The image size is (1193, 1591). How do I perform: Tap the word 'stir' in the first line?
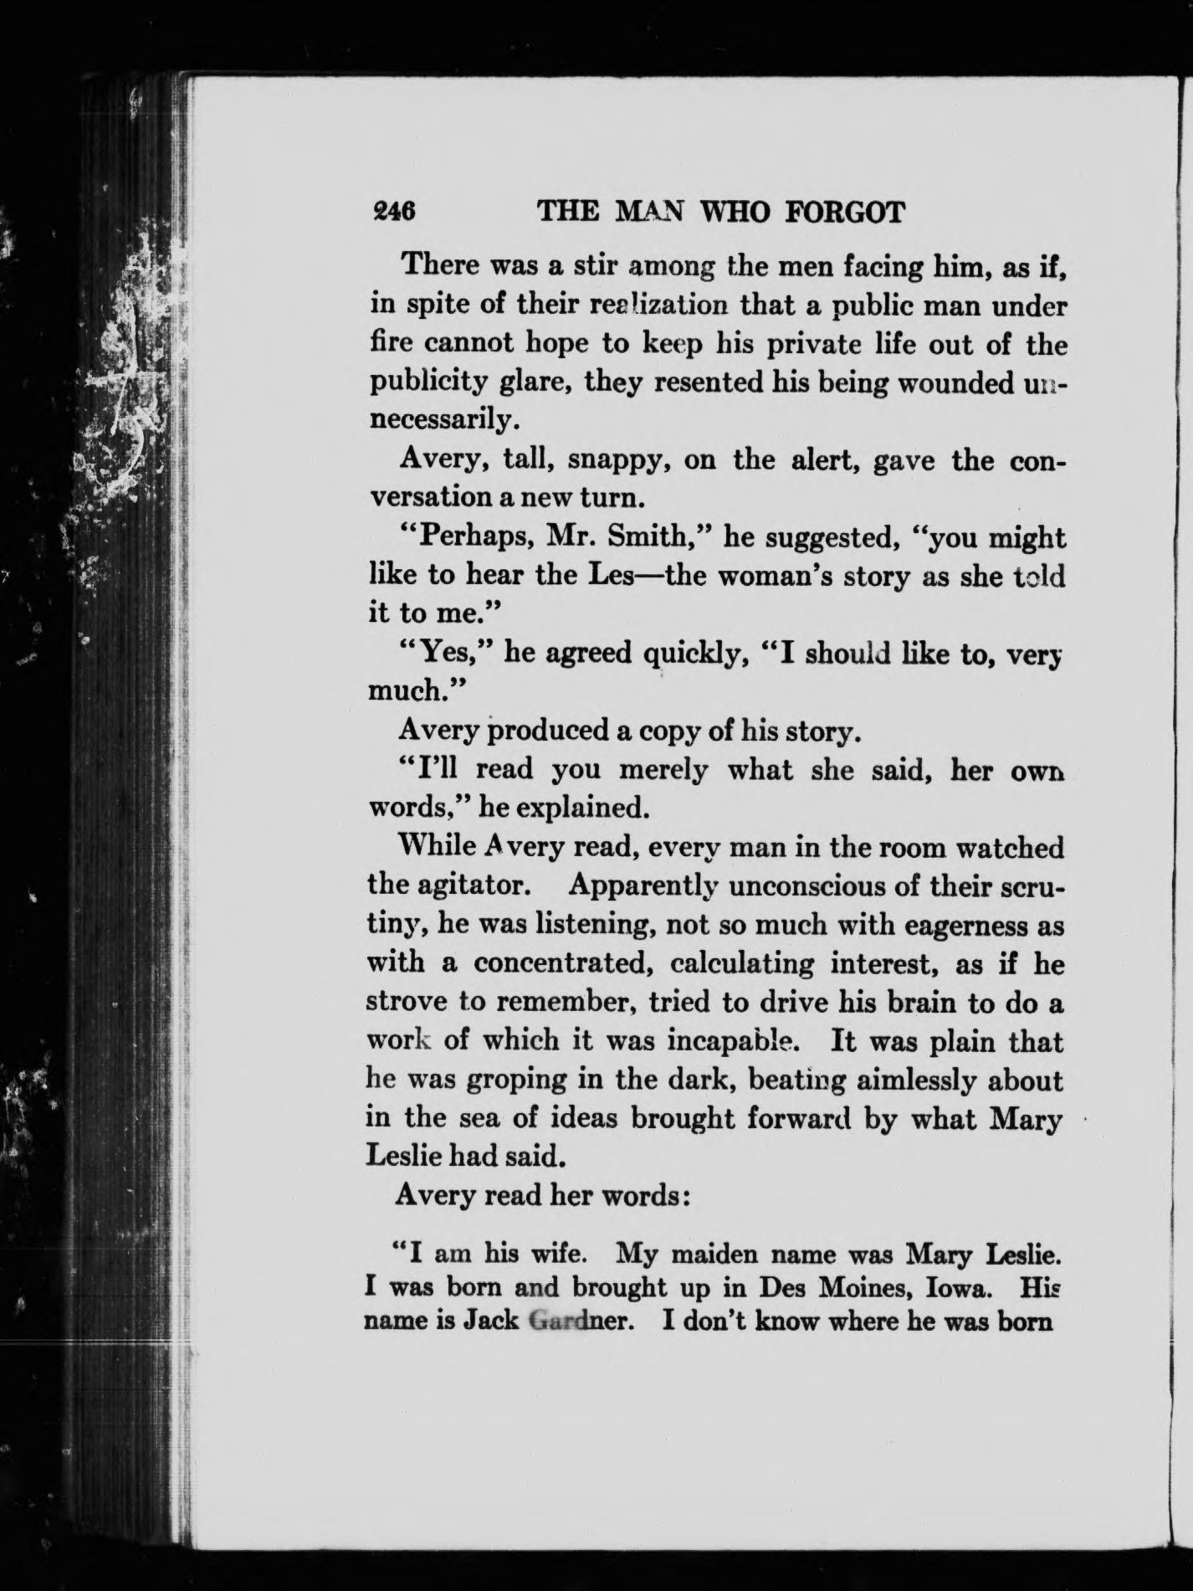(x=594, y=268)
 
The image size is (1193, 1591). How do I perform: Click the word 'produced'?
(x=547, y=731)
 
